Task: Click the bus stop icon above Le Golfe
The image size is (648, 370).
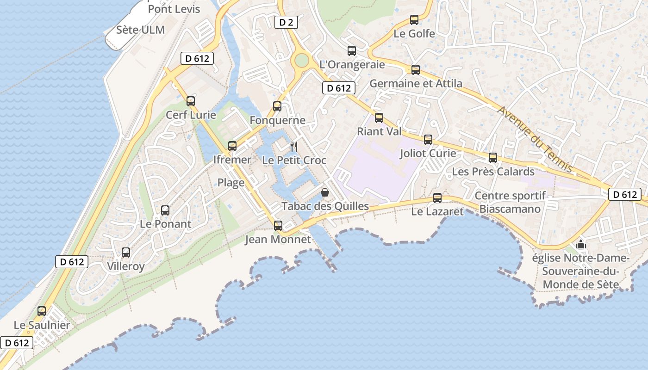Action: (x=414, y=20)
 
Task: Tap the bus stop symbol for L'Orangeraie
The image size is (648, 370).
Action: (x=352, y=51)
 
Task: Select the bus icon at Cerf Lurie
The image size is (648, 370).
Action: (x=191, y=101)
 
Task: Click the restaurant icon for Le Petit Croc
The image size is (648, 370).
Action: (x=294, y=147)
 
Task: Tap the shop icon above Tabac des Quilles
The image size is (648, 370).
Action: (x=325, y=192)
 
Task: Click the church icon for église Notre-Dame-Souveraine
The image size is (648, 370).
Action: (x=581, y=244)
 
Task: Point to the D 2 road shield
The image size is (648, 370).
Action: (x=286, y=22)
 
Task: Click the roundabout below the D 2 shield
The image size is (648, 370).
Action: (x=301, y=60)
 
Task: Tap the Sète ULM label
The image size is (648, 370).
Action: (x=140, y=30)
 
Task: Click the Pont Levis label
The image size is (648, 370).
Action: (x=174, y=9)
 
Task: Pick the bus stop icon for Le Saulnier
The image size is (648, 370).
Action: (x=42, y=311)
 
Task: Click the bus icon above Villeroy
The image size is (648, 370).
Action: (x=126, y=253)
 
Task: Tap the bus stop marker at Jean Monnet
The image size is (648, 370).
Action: (x=278, y=226)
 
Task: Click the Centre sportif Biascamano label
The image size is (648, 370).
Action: (x=510, y=202)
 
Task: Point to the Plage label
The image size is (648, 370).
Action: (x=231, y=183)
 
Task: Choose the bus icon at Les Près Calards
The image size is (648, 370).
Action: (x=493, y=158)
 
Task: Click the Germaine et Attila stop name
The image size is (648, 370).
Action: (x=416, y=84)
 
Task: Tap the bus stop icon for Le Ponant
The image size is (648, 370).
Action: (x=165, y=210)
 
